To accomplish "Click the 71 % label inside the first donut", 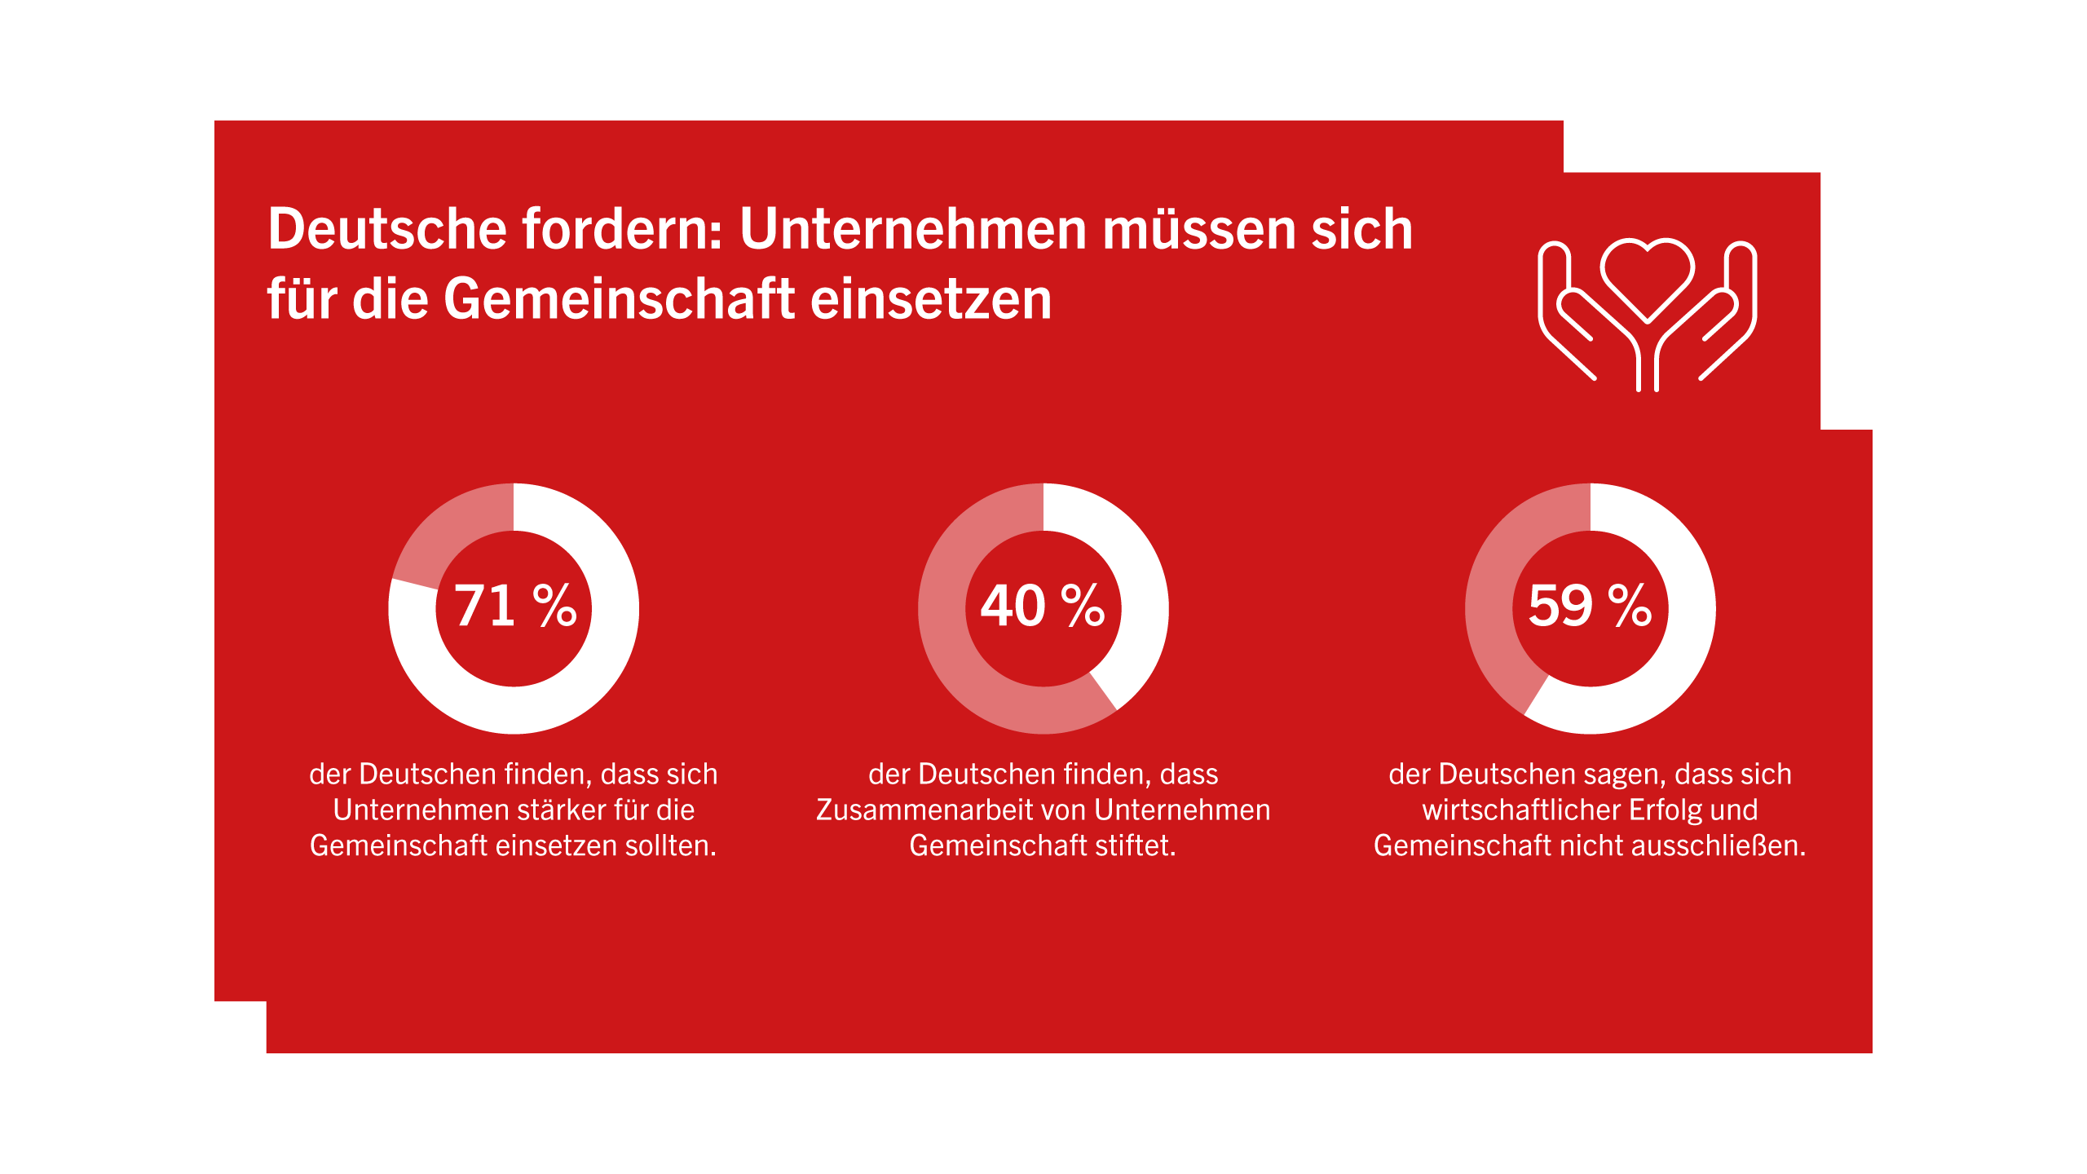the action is [x=515, y=606].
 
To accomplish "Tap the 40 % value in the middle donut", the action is [x=1043, y=606].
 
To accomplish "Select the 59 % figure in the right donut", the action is [x=1590, y=606].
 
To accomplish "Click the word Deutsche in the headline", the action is [x=388, y=229].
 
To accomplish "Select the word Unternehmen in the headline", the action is [x=913, y=229].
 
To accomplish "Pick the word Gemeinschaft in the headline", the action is [x=620, y=299].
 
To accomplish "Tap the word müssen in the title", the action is [x=1198, y=229].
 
